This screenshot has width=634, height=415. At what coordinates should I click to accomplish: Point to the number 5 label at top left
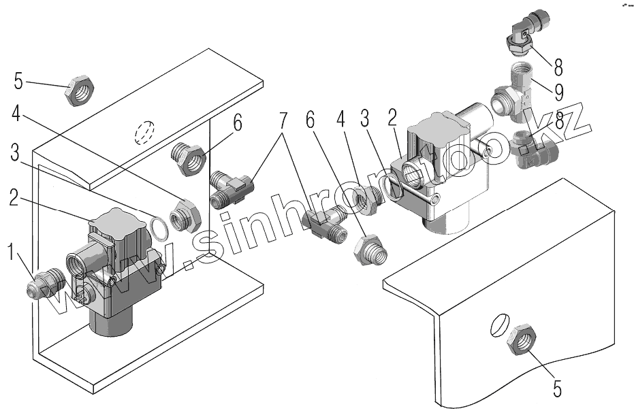18,82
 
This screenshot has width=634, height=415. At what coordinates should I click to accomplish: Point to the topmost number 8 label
558,67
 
